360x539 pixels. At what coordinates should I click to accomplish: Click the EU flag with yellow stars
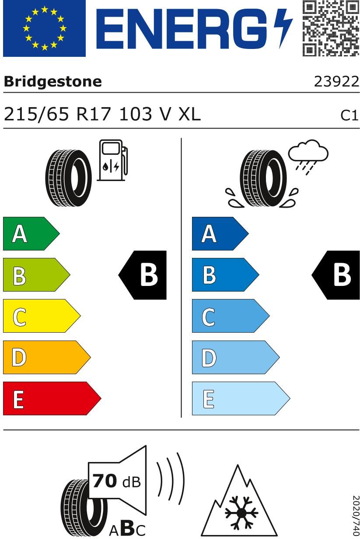click(44, 28)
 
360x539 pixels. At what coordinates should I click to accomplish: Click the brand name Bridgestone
click(52, 81)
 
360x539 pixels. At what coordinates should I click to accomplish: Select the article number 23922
click(336, 82)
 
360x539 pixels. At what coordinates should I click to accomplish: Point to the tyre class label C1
click(350, 115)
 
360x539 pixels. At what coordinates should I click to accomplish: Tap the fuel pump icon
click(112, 160)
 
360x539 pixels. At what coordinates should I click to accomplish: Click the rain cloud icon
click(308, 156)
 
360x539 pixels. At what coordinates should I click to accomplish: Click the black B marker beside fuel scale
click(144, 275)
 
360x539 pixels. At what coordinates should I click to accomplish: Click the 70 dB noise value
click(116, 481)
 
